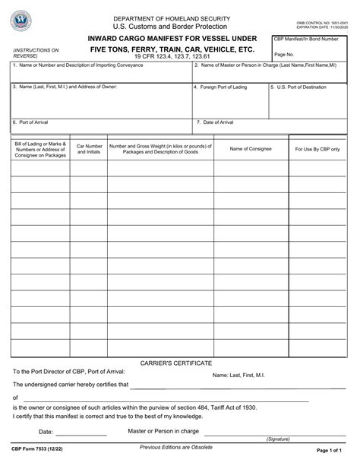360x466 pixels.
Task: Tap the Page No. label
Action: (284, 55)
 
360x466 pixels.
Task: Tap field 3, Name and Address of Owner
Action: (100, 99)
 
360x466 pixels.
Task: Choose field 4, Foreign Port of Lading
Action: (229, 99)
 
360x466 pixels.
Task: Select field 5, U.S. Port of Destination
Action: (311, 99)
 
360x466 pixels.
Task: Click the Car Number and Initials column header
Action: (89, 149)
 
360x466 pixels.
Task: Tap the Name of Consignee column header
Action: (251, 149)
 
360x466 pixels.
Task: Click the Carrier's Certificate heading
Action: (176, 363)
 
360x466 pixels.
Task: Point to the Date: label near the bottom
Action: (46, 432)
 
